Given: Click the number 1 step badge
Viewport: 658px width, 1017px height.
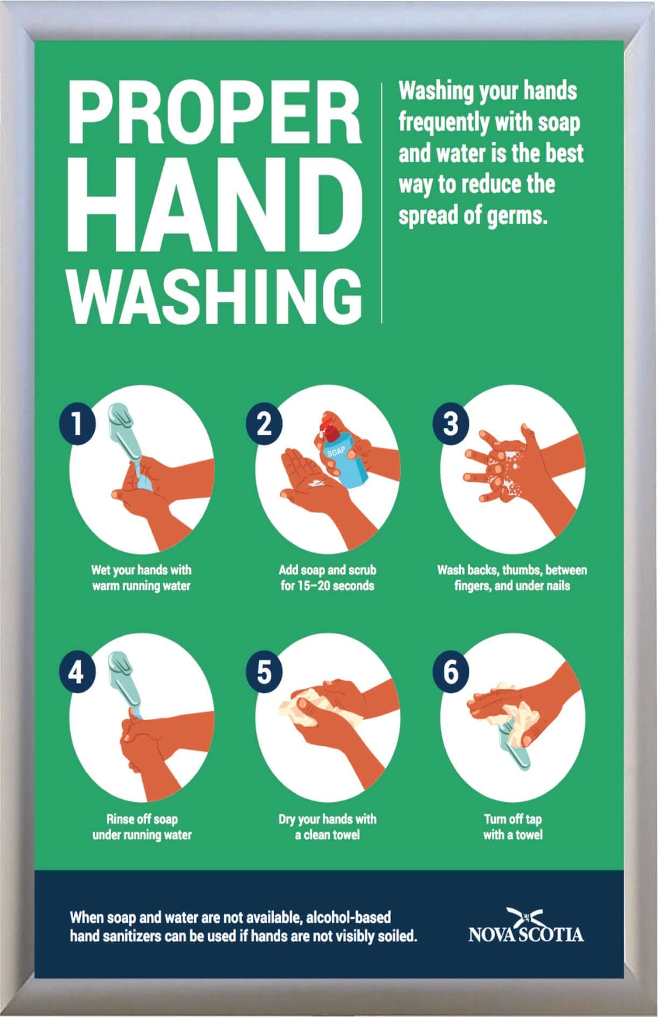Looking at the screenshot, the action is point(77,424).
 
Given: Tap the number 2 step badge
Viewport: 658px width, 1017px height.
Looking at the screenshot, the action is point(264,424).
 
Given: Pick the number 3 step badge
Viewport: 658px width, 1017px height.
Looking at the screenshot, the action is point(451,424).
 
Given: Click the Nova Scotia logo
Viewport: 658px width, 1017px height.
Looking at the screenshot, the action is point(526,926).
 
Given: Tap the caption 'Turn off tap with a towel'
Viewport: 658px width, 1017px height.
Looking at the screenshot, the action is point(512,827).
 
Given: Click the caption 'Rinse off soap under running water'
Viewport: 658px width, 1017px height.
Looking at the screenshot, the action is point(142,827).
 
